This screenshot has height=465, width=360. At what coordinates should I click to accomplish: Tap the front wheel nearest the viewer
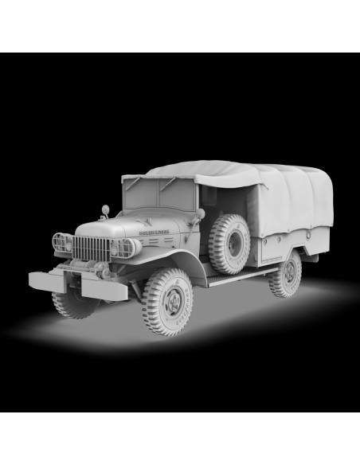coord(168,301)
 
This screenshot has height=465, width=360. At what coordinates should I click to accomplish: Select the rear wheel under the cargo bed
coord(286,273)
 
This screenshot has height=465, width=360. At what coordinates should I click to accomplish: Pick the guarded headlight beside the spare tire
coord(126,248)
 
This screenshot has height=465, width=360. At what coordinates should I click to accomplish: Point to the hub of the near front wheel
coord(170,303)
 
